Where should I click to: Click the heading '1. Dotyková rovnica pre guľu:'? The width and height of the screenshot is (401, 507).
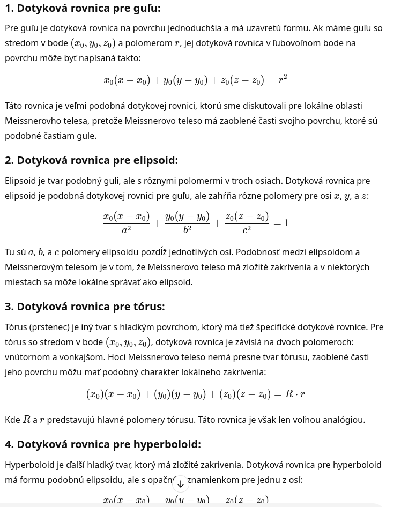(83, 8)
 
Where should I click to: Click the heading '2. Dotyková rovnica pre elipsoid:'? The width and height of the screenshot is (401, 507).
(91, 160)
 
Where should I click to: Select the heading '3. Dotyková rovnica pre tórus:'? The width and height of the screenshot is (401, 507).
(85, 307)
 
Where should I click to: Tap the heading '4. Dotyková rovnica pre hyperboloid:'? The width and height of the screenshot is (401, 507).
(102, 444)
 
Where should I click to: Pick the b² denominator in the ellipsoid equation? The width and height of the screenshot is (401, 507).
(187, 230)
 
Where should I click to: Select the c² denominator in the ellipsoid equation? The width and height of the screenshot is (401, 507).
(247, 230)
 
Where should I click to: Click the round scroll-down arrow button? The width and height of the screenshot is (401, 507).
(181, 484)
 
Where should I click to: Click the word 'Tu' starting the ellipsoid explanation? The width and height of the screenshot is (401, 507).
(10, 252)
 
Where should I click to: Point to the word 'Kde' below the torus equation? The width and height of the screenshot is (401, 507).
(12, 420)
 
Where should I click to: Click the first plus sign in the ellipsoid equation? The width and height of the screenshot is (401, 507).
(158, 222)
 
